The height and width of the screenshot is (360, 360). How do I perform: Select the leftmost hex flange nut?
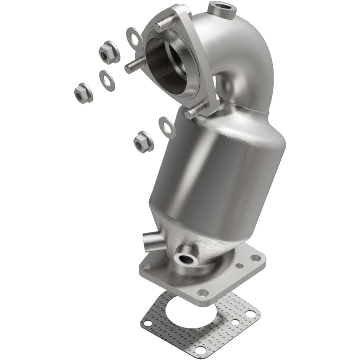click(83, 94)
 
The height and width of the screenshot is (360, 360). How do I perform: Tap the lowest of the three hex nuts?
click(143, 142)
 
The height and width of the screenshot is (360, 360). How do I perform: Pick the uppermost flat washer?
click(135, 37)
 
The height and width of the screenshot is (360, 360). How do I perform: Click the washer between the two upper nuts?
click(106, 81)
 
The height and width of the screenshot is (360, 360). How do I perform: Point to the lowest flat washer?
click(167, 127)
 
